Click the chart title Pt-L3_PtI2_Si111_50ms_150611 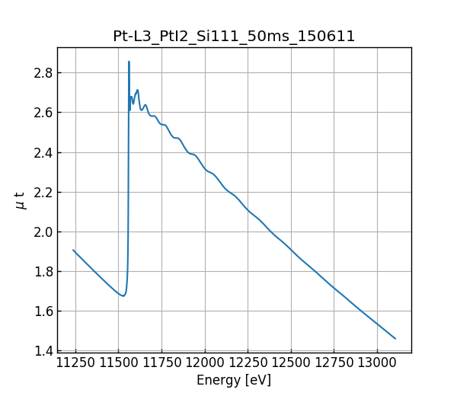coord(234,37)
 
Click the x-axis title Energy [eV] coord(234,380)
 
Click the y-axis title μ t coord(21,200)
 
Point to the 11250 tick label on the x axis coord(75,362)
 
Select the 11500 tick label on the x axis coord(118,362)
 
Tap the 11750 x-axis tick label coord(162,362)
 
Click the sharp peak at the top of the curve coord(129,62)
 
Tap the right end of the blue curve coord(395,338)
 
